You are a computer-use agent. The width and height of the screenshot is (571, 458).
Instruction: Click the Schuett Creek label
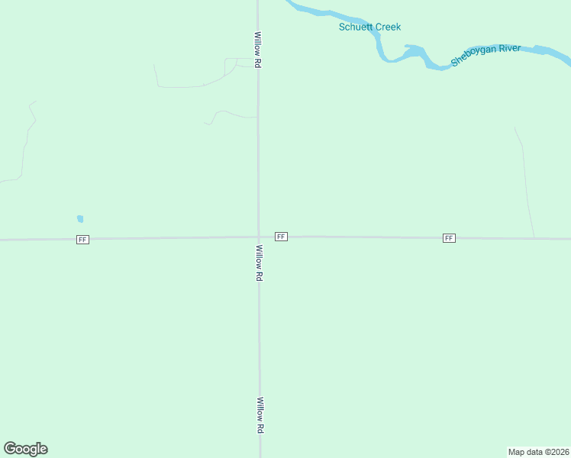click(x=369, y=27)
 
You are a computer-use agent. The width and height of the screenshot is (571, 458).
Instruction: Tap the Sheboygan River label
click(x=486, y=55)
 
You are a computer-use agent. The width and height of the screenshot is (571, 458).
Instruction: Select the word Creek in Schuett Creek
click(x=387, y=27)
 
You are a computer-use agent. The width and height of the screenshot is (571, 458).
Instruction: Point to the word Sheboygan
click(x=474, y=57)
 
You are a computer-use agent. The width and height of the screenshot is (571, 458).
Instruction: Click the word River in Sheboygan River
click(x=510, y=50)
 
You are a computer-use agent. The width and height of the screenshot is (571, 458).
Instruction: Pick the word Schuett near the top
click(x=354, y=27)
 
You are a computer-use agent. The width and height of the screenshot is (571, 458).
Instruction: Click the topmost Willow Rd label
click(x=259, y=50)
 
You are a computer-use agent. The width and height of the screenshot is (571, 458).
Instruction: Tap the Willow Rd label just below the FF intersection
click(x=260, y=263)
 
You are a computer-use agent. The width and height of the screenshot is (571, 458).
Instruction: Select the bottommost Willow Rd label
click(x=260, y=416)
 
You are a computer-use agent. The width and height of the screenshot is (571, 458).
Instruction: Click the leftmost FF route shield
click(x=82, y=240)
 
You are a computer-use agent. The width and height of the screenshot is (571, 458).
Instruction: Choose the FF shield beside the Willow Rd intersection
click(x=281, y=237)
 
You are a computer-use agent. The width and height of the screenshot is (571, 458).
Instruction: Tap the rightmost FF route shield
click(x=449, y=238)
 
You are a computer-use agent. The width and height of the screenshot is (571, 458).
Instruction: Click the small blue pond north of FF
click(x=80, y=219)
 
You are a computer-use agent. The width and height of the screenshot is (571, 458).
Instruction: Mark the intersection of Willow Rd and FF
click(x=259, y=237)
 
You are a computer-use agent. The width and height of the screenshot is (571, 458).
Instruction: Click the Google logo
click(x=25, y=449)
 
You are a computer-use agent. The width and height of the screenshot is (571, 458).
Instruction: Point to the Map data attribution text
click(x=538, y=452)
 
